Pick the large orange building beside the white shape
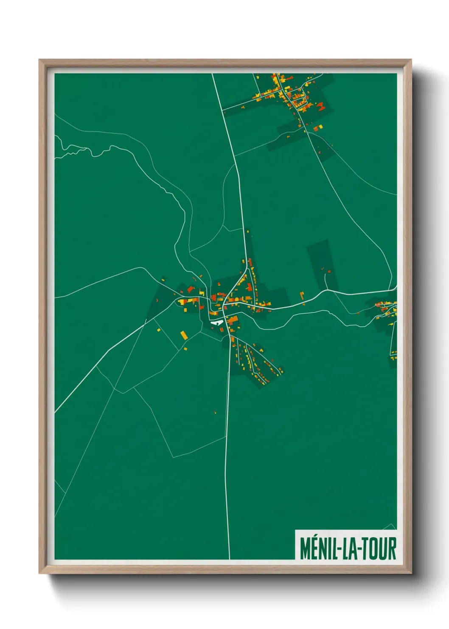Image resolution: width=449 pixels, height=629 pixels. coord(232,320)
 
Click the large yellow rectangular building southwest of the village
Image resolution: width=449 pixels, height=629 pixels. coord(184,335)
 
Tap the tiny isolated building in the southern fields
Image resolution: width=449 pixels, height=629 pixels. coord(215,412)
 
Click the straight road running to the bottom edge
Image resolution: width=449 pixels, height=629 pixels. coord(227,467)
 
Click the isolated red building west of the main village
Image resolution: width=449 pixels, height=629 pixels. coord(157,300)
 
